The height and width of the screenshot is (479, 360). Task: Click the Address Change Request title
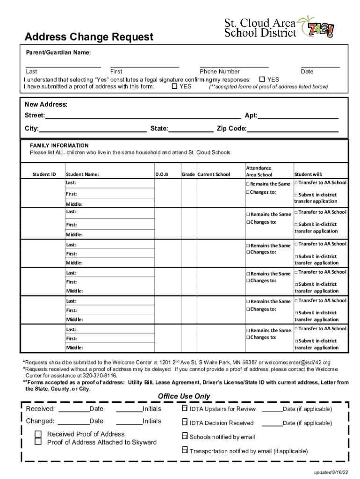89,36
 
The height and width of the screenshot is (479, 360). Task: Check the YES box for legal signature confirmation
262,79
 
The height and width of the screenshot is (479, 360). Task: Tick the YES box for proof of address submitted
174,86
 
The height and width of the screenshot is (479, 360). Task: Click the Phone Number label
220,72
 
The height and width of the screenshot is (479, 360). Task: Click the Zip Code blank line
293,129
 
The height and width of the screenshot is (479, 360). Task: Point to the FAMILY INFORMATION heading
59,145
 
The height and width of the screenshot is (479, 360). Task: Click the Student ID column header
44,174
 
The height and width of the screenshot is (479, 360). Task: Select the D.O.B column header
161,174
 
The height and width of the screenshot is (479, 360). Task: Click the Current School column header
214,174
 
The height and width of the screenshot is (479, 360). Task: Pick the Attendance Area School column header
259,171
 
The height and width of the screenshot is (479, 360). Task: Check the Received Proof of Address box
38,434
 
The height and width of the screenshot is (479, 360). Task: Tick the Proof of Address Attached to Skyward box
38,442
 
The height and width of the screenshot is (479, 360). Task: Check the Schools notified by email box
185,436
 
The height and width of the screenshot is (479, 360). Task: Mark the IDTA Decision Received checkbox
185,423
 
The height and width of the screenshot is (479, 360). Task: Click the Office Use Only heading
184,396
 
